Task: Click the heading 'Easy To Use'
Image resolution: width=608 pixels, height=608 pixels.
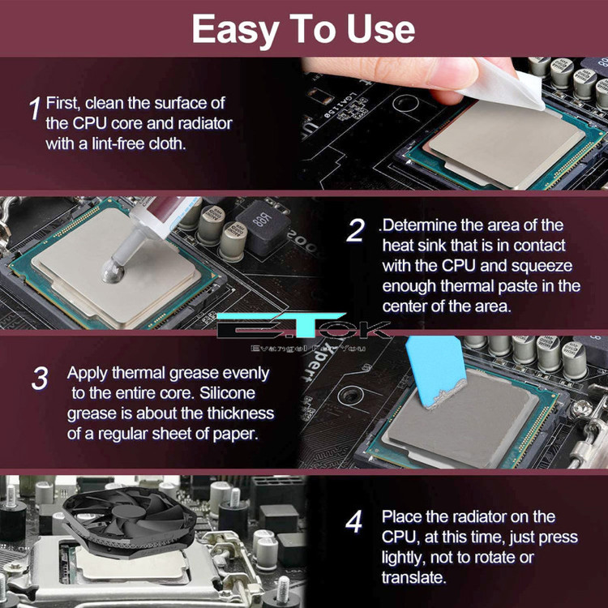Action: pyautogui.click(x=303, y=29)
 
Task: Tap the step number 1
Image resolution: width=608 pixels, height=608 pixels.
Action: pyautogui.click(x=35, y=109)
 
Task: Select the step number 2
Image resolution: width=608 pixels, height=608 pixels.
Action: pyautogui.click(x=356, y=230)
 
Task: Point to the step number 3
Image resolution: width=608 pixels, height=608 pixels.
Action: pyautogui.click(x=40, y=378)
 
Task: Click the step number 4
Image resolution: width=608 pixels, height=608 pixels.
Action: pyautogui.click(x=353, y=521)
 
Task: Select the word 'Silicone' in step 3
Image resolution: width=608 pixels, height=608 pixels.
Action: pyautogui.click(x=227, y=393)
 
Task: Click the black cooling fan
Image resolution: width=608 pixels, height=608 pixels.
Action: pyautogui.click(x=130, y=520)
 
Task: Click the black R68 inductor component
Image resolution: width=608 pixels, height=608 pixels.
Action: pyautogui.click(x=263, y=227)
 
